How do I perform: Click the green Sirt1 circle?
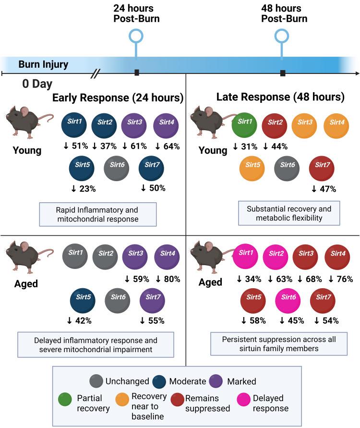pyautogui.click(x=245, y=126)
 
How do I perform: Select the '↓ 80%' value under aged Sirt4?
pyautogui.click(x=168, y=278)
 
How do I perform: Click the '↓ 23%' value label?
pyautogui.click(x=83, y=189)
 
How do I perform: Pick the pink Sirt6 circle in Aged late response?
pyautogui.click(x=288, y=301)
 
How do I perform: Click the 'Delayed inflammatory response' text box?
pyautogui.click(x=96, y=344)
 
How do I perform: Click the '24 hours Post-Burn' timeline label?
pyautogui.click(x=137, y=13)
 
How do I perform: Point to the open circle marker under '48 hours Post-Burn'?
pyautogui.click(x=282, y=36)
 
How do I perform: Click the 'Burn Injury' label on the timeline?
pyautogui.click(x=44, y=64)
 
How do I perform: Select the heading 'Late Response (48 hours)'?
pyautogui.click(x=280, y=98)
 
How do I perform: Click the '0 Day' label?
pyautogui.click(x=37, y=84)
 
